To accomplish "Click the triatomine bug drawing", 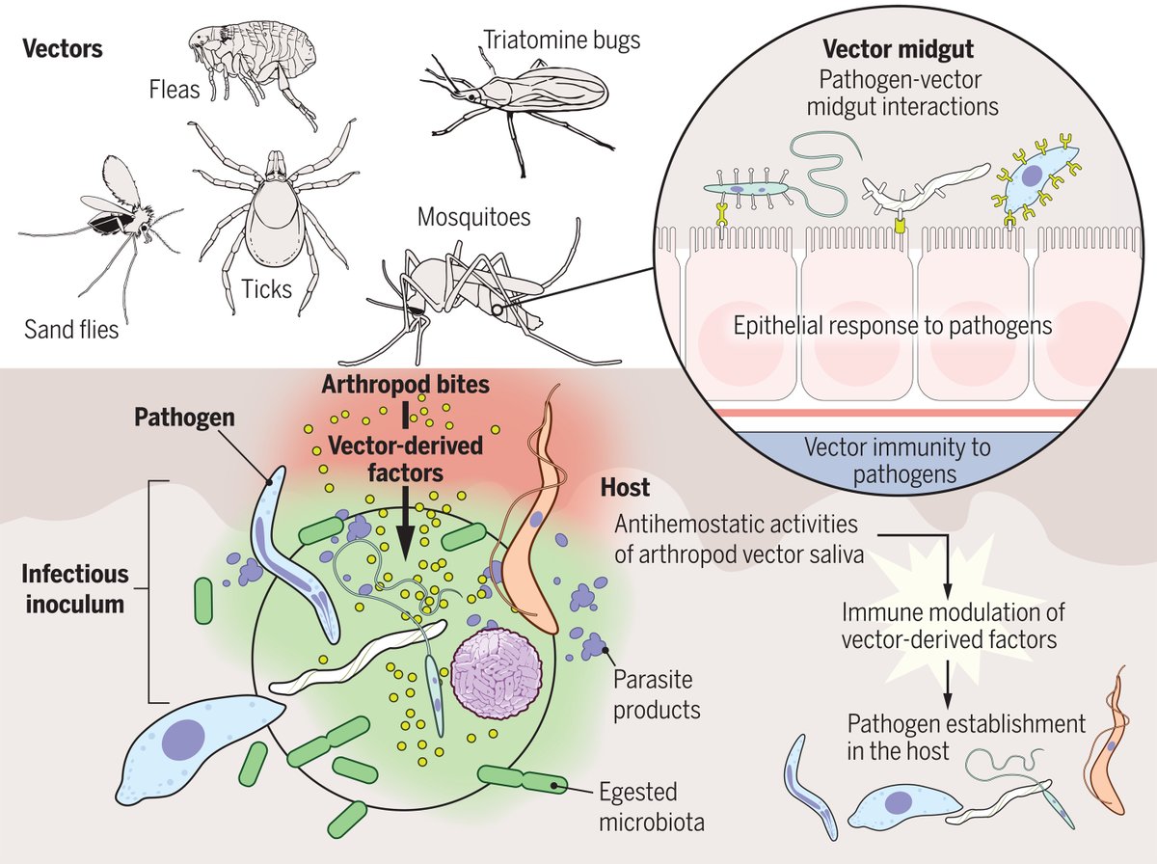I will [525, 96].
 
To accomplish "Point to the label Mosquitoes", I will [473, 217].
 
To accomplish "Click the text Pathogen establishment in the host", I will [966, 736].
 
